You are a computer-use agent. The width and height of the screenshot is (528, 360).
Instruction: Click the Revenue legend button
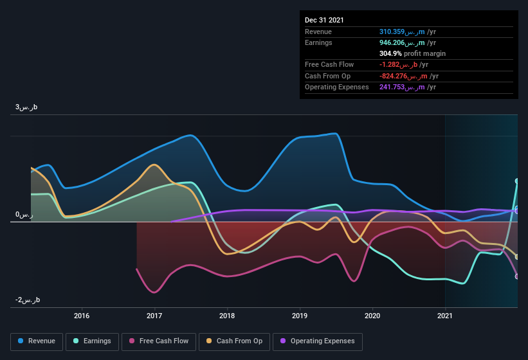37,341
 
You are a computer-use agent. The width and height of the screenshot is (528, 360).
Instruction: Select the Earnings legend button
93,341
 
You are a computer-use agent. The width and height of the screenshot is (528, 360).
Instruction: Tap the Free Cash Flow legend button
158,341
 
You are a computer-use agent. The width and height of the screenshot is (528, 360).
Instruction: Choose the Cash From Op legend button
234,341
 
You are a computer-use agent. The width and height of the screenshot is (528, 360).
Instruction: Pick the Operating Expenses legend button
317,341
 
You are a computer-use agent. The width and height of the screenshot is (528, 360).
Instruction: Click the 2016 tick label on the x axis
82,316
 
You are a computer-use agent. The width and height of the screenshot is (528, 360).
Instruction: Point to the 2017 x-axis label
154,316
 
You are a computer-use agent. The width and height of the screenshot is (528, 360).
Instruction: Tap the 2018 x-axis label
227,316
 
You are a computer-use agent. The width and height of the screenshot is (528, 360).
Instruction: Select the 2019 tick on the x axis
300,316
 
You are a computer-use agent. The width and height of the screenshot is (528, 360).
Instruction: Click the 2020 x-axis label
372,316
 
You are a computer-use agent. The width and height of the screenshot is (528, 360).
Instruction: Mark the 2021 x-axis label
445,316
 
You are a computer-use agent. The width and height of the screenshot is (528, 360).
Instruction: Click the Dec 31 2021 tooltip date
324,20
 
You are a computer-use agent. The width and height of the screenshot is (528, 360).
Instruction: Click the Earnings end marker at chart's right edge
516,181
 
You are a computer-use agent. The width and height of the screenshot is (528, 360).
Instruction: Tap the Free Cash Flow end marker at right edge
516,276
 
